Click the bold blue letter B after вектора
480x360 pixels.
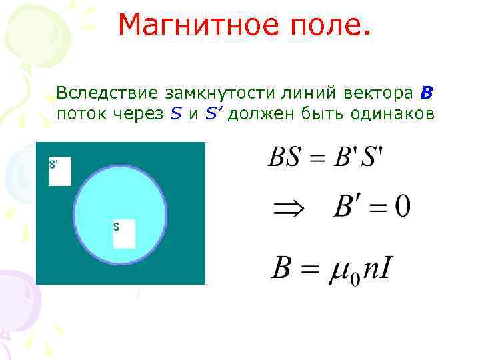pyautogui.click(x=427, y=91)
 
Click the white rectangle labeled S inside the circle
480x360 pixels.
pyautogui.click(x=124, y=234)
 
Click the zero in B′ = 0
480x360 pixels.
pyautogui.click(x=402, y=208)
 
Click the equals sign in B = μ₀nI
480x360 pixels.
pyautogui.click(x=310, y=269)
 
